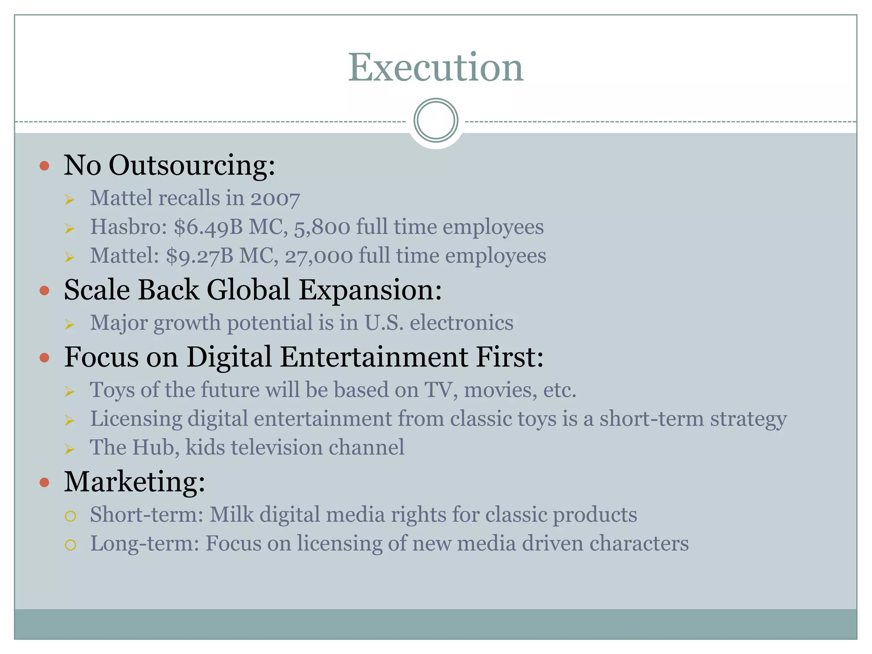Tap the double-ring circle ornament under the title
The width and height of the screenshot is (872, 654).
click(x=436, y=120)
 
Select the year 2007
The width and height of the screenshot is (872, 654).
click(x=275, y=198)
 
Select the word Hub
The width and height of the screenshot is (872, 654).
click(x=156, y=447)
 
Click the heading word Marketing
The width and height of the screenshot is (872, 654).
click(x=134, y=482)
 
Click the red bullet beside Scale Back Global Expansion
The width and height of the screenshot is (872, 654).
click(x=44, y=291)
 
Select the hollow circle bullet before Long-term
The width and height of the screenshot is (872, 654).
click(x=70, y=545)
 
